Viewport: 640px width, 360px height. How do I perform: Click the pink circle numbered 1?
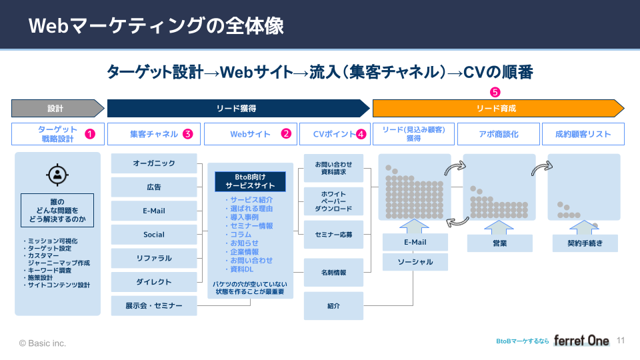[x=91, y=134]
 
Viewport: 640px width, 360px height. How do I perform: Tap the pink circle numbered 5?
[x=494, y=92]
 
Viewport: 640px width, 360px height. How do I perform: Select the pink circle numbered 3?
[x=188, y=134]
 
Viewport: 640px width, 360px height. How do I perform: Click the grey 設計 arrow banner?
[x=56, y=108]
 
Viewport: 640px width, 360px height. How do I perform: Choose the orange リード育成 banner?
[x=497, y=108]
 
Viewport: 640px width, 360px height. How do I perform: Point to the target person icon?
[x=57, y=175]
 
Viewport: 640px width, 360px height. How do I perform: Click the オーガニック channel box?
[x=154, y=163]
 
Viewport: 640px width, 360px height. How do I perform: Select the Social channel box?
[x=154, y=235]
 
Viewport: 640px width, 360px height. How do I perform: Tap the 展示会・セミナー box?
[x=154, y=306]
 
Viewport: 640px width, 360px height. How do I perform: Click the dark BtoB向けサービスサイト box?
[x=250, y=181]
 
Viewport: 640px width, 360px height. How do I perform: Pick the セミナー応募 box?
[x=333, y=235]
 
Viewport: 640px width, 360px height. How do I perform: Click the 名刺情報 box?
[x=333, y=272]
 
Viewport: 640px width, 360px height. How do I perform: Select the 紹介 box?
[x=333, y=306]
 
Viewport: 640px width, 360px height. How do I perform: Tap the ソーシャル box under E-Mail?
[x=415, y=262]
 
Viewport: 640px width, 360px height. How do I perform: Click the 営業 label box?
[x=499, y=243]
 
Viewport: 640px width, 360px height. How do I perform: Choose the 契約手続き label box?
[x=584, y=243]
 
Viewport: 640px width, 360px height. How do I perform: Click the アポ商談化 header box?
[x=499, y=134]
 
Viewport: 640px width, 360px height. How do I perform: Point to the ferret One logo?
[x=581, y=341]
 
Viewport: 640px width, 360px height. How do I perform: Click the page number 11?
[x=621, y=340]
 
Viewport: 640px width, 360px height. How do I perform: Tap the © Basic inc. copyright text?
[x=43, y=343]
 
